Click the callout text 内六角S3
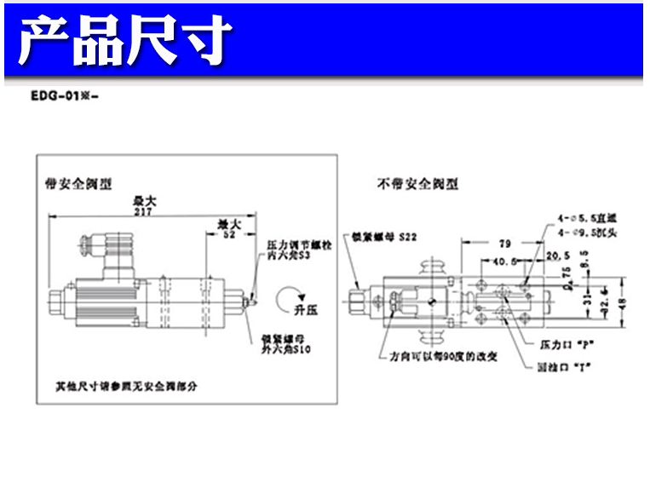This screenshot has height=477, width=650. point(290,256)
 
